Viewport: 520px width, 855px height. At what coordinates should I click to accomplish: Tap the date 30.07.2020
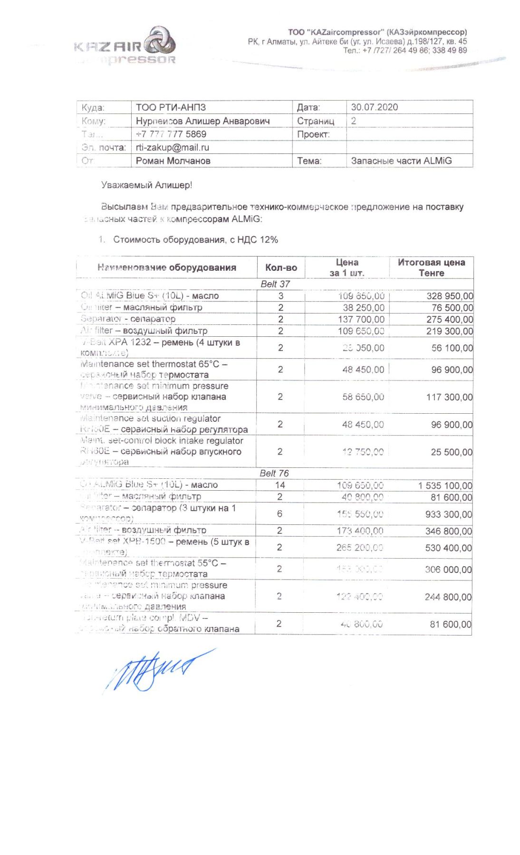[x=374, y=107]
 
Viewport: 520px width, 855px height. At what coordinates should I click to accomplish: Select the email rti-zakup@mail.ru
[x=172, y=147]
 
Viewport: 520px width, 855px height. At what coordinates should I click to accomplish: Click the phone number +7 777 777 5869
[x=171, y=134]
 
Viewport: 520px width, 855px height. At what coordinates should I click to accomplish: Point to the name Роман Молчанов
[x=173, y=161]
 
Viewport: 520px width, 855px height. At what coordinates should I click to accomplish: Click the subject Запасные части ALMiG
[x=401, y=161]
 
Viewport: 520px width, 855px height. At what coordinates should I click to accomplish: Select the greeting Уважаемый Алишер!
[x=146, y=185]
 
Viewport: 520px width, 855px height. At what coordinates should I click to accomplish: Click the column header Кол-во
[x=281, y=267]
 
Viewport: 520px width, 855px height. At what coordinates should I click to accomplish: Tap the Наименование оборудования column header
[x=167, y=267]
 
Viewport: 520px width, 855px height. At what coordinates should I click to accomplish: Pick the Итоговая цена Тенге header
[x=431, y=267]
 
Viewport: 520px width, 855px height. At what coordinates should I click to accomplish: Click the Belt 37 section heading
[x=275, y=284]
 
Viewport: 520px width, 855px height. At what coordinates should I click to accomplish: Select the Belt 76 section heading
[x=274, y=473]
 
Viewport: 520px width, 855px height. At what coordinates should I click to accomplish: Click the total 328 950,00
[x=449, y=296]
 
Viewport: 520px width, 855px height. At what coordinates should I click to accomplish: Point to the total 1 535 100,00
[x=445, y=485]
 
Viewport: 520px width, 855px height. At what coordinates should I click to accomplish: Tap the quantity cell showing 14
[x=280, y=485]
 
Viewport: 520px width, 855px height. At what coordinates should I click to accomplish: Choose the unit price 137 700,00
[x=364, y=319]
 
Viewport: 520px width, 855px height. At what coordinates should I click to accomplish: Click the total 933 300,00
[x=448, y=514]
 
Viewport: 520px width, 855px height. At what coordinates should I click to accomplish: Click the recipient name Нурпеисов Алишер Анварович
[x=202, y=121]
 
